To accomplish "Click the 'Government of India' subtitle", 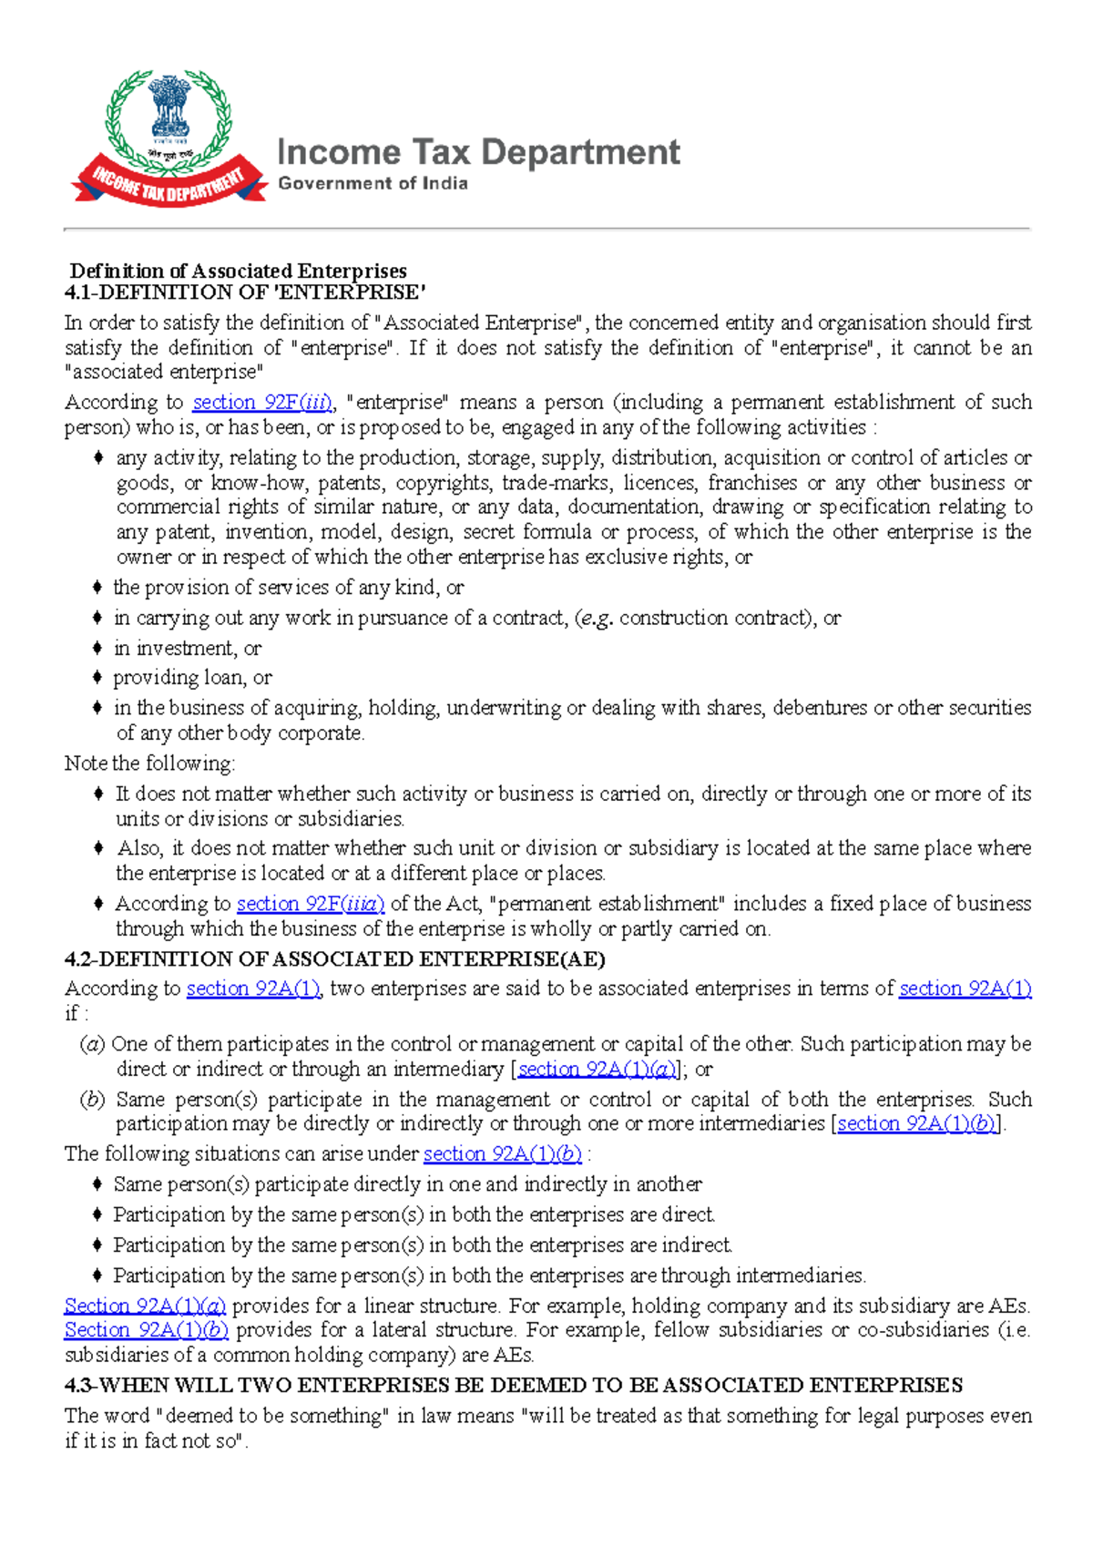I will pos(373,183).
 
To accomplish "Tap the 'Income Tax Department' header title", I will pos(478,152).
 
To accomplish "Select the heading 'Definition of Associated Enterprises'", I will pos(239,271).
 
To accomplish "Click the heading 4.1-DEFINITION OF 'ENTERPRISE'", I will pos(245,292).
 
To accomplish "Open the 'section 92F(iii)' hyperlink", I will pos(262,403).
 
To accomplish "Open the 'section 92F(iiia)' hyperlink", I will pos(311,904).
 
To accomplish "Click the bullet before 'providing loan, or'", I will pos(97,678).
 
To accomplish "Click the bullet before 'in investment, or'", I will pos(97,649).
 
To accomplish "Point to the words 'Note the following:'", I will pos(150,763).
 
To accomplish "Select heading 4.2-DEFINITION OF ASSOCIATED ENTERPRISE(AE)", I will pos(335,959).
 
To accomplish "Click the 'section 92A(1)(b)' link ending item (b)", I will pos(916,1124).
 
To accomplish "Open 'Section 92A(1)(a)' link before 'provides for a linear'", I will pos(145,1306).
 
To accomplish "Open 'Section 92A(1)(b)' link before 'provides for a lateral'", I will pos(146,1330).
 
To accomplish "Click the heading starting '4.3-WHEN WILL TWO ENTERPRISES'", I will pos(514,1386).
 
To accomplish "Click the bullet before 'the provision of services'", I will pos(97,588).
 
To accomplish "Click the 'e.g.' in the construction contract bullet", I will pos(597,619).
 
